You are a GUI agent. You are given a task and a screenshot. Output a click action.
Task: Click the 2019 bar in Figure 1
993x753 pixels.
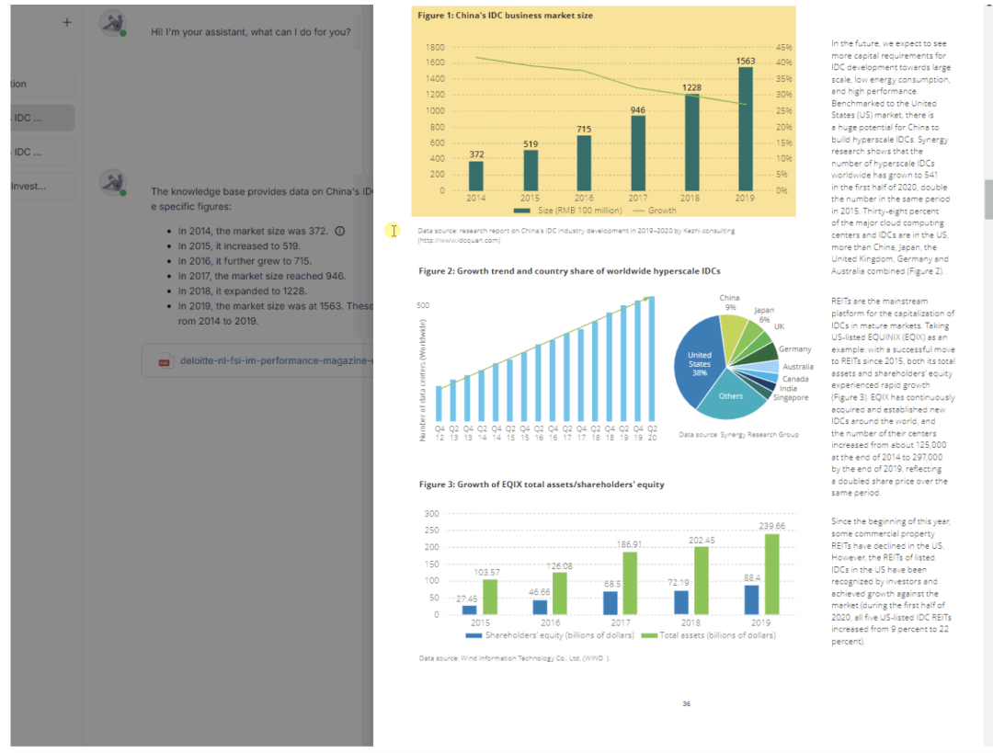pos(745,129)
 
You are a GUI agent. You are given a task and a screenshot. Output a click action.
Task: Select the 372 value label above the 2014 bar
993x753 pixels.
pos(476,154)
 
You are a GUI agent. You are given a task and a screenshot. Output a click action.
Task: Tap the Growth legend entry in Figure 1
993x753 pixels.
pos(656,211)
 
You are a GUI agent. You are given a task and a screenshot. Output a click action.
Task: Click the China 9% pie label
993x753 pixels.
pos(730,302)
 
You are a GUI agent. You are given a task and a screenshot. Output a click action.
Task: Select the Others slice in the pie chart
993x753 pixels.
pos(731,396)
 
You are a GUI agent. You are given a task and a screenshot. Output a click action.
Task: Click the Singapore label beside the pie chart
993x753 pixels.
pos(791,397)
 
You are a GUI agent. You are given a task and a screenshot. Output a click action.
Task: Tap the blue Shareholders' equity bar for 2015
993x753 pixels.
pos(469,610)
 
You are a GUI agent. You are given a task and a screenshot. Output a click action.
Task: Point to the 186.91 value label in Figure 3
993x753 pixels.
pos(629,544)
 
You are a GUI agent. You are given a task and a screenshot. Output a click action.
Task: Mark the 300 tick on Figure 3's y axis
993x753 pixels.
pos(431,513)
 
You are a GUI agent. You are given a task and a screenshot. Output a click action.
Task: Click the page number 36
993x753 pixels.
pos(686,704)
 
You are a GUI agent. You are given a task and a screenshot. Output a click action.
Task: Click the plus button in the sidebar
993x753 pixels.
pos(67,22)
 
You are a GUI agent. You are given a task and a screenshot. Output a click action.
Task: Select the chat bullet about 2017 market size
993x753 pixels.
pos(262,276)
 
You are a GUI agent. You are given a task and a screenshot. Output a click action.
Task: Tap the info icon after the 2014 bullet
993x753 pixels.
pos(340,231)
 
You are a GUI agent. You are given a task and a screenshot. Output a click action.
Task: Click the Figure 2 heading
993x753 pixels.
pos(569,271)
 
